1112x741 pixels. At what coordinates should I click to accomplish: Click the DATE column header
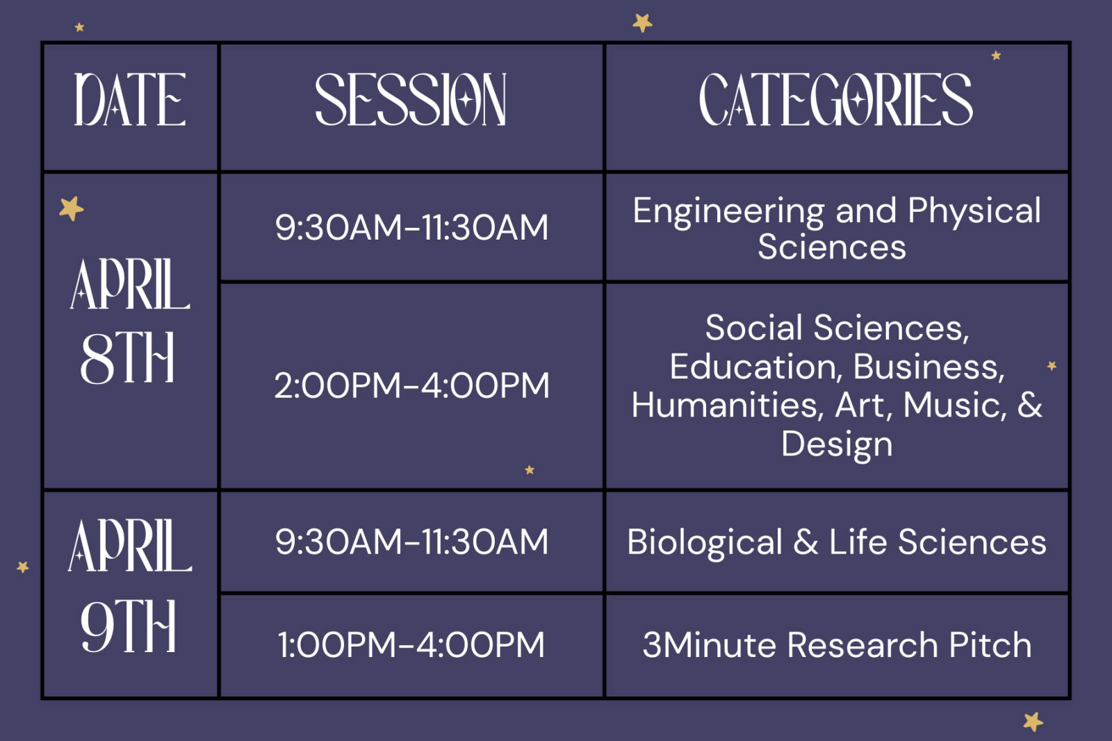point(130,99)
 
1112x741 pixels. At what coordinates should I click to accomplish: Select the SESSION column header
point(411,99)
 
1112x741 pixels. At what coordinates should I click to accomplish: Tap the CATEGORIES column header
point(836,99)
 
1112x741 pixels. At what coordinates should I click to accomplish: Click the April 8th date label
point(129,322)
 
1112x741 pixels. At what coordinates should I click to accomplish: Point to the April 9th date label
point(129,586)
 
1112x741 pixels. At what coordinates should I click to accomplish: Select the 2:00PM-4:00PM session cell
point(412,385)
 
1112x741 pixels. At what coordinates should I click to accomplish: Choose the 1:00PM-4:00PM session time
point(411,644)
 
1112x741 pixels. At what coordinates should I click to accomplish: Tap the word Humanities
point(724,405)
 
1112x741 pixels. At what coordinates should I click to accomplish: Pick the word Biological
point(705,542)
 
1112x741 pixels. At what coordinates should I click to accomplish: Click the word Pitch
point(990,644)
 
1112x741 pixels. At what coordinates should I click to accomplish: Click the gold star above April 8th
point(72,208)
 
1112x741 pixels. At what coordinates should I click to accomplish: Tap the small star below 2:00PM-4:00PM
point(530,469)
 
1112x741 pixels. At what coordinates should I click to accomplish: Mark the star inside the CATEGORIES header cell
point(996,56)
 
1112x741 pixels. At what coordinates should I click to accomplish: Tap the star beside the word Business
point(1052,366)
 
